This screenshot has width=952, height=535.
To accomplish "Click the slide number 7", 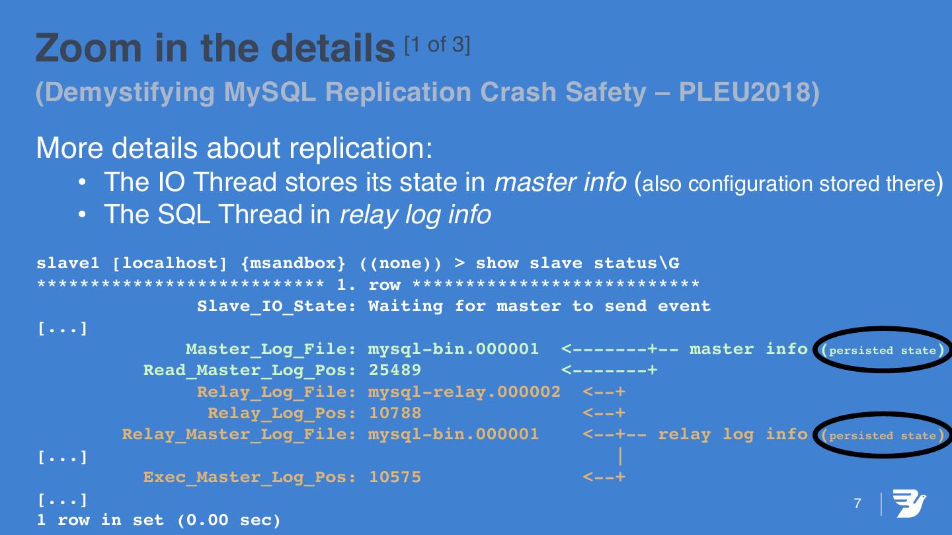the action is pos(857,503).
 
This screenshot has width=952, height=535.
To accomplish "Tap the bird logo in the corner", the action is pos(909,503).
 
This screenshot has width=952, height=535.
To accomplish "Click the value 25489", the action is pos(395,371).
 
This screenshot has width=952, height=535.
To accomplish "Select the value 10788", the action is pos(395,413).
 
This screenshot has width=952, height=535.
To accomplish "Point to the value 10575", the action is pos(395,478).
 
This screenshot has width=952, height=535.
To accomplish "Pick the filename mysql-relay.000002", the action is pos(464,392).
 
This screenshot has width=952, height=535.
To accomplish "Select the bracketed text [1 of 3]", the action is pos(438,45).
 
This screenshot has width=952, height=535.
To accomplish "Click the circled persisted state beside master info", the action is pos(883,350).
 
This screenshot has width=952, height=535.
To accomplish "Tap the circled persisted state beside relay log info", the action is pos(883,435).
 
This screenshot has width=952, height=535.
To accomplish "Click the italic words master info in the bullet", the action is pos(560,182).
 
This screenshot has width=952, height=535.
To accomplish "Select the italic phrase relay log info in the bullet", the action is pos(415,215).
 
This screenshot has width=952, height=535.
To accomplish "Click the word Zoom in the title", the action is pos(89,48).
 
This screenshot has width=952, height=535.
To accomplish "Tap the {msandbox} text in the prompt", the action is pos(294,264).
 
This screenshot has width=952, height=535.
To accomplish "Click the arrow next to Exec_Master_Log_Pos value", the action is pos(604,478).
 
